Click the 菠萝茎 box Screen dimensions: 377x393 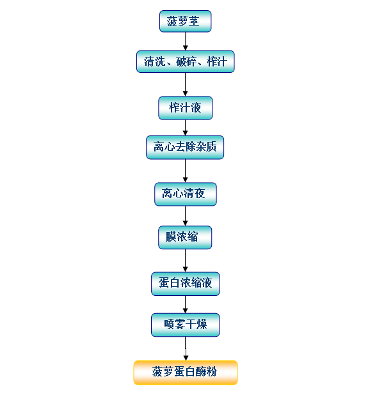click(185, 21)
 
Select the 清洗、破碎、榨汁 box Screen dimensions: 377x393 click(185, 61)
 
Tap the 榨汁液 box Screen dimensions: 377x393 click(185, 108)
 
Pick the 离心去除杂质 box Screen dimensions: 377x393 click(185, 147)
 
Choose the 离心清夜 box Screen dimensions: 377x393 click(185, 194)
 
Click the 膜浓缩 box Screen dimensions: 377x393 click(185, 237)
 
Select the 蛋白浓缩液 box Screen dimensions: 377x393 click(185, 284)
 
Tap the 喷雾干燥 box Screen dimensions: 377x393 click(185, 325)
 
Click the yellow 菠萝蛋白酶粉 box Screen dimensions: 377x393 click(186, 373)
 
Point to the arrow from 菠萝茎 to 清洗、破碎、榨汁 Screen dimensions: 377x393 click(185, 42)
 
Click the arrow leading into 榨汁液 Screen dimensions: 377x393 click(185, 84)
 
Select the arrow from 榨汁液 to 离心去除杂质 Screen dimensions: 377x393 click(185, 128)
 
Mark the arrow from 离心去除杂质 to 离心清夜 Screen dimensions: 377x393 click(185, 171)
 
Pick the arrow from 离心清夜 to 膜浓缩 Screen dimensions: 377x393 click(185, 216)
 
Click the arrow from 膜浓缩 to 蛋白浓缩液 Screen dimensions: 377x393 click(185, 261)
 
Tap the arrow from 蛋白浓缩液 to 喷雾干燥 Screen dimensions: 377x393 click(185, 304)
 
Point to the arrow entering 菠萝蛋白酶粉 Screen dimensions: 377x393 click(186, 348)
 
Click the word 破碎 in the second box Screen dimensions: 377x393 click(186, 62)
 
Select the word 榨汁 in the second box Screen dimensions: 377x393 click(217, 62)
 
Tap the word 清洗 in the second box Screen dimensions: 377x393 click(154, 62)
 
